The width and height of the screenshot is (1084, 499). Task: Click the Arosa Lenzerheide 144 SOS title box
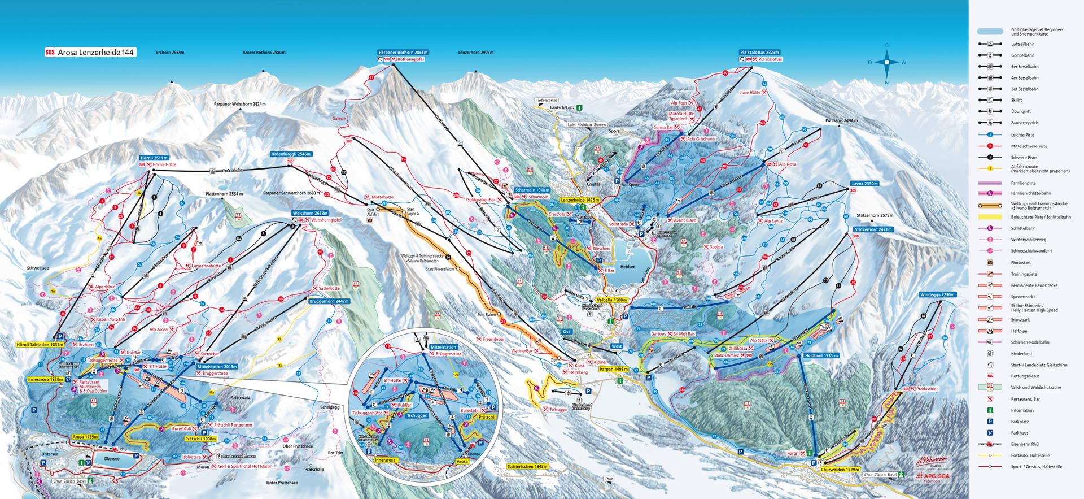click(90, 53)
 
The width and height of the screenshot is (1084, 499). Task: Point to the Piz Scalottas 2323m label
click(761, 52)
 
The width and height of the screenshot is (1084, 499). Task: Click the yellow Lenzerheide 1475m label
click(579, 200)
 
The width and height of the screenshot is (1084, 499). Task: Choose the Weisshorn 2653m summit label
click(311, 213)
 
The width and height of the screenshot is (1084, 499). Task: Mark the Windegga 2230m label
click(936, 294)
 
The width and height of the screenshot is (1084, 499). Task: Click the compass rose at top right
click(886, 62)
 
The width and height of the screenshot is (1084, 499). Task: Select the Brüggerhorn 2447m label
click(329, 302)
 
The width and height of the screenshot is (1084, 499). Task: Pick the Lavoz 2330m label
click(865, 184)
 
